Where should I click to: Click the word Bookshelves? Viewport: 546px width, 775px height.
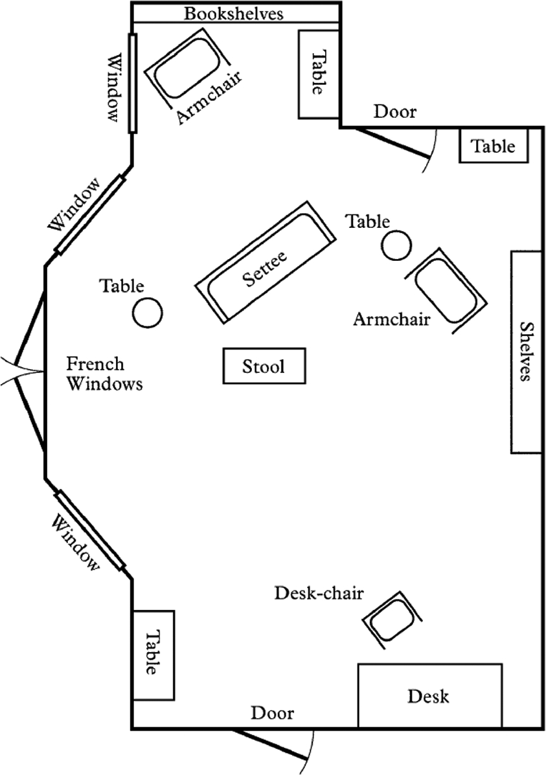point(234,13)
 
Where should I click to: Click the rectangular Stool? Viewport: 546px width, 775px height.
point(264,366)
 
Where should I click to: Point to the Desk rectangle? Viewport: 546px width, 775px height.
point(429,696)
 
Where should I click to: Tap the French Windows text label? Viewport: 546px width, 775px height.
point(104,374)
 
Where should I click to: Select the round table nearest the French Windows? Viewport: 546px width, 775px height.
point(147,312)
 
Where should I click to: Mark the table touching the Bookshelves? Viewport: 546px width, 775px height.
point(319,74)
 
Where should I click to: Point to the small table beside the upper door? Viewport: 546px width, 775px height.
point(494,146)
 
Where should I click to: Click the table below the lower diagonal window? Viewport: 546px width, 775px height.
point(153,655)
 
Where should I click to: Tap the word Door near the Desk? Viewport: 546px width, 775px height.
point(273,713)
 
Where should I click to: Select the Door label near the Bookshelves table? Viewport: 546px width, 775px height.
point(395,112)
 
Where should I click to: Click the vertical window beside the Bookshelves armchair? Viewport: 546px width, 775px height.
point(133,82)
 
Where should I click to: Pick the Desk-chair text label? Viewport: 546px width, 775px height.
point(319,593)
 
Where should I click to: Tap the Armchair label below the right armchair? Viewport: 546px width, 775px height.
point(392,319)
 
